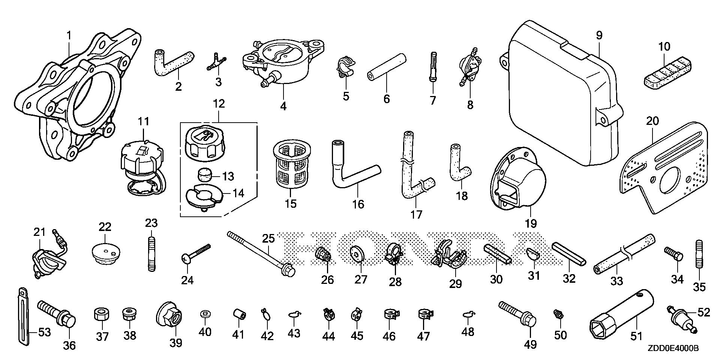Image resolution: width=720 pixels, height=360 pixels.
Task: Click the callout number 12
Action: [219, 103]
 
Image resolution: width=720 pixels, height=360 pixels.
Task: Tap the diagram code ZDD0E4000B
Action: [673, 348]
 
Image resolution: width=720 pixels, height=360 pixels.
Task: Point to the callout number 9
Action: [599, 36]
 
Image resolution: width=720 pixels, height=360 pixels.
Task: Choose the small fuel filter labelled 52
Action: [680, 319]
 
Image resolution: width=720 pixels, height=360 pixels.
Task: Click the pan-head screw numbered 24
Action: [195, 253]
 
